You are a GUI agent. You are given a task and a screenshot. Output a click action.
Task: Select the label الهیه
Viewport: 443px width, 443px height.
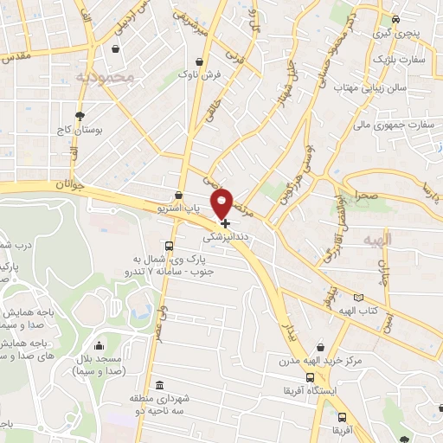coord(378,237)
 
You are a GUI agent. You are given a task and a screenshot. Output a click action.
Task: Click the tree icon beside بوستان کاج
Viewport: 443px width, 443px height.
coord(80,115)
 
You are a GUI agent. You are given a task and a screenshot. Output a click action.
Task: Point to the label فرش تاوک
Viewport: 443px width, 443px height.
coord(201,75)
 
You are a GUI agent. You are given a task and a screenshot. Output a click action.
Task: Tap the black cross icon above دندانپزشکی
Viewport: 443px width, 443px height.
coord(227,222)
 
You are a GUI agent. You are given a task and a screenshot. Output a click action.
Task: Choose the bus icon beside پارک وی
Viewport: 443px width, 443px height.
coord(169,245)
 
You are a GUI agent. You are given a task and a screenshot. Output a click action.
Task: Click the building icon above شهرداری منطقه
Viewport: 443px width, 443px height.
coord(158,384)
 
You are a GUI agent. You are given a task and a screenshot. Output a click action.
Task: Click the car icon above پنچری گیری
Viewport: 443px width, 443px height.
coord(395,19)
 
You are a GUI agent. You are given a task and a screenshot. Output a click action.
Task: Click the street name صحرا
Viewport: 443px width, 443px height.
coord(364,196)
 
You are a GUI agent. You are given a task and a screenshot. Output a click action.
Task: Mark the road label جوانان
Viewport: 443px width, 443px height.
coord(72,185)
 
